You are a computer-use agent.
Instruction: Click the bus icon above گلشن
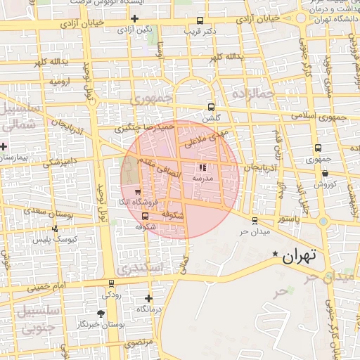(x=212, y=108)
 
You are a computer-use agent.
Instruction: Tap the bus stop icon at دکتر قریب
(x=200, y=20)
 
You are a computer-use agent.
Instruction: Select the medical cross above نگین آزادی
(x=134, y=18)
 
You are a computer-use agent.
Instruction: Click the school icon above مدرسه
(x=202, y=168)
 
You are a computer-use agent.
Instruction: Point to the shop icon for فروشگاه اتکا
(x=137, y=191)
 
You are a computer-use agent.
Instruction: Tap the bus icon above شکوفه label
(x=146, y=216)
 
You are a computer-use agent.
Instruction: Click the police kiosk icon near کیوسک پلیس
(x=56, y=229)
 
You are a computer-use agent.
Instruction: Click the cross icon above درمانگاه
(x=148, y=298)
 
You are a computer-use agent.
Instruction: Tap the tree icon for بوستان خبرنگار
(x=101, y=313)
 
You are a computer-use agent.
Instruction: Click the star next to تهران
(x=276, y=254)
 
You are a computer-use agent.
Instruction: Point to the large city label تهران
(x=300, y=257)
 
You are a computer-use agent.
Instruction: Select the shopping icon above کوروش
(x=326, y=173)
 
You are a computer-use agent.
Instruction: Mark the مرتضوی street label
(x=138, y=342)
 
